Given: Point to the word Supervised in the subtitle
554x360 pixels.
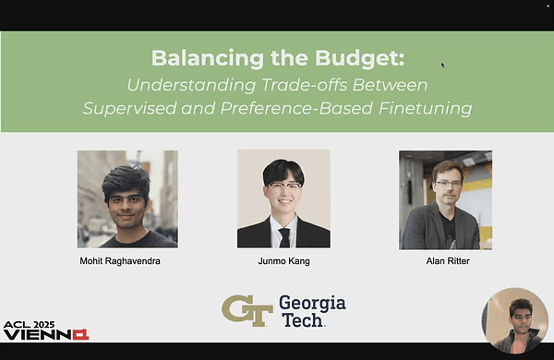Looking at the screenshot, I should coord(130,109).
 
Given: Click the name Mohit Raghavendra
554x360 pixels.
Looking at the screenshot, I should coord(127,262).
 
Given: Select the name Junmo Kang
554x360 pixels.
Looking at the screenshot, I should coord(283,262).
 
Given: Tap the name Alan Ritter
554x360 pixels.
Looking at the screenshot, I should coord(445,262).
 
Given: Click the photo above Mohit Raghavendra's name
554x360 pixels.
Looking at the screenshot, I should coord(127,199).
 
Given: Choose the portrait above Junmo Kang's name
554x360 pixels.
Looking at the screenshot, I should coord(283,199).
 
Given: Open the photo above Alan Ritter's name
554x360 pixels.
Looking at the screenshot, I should coord(445,199).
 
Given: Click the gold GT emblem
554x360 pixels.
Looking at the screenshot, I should coord(247,309).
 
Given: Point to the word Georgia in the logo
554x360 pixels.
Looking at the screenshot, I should coord(311,302).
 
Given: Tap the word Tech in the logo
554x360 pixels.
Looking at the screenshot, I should coord(301,319).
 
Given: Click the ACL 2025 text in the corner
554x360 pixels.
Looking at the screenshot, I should coord(30,326).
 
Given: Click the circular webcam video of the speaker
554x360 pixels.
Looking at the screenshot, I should coord(514,319).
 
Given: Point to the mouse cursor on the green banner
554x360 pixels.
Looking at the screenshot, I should coord(442,65).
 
